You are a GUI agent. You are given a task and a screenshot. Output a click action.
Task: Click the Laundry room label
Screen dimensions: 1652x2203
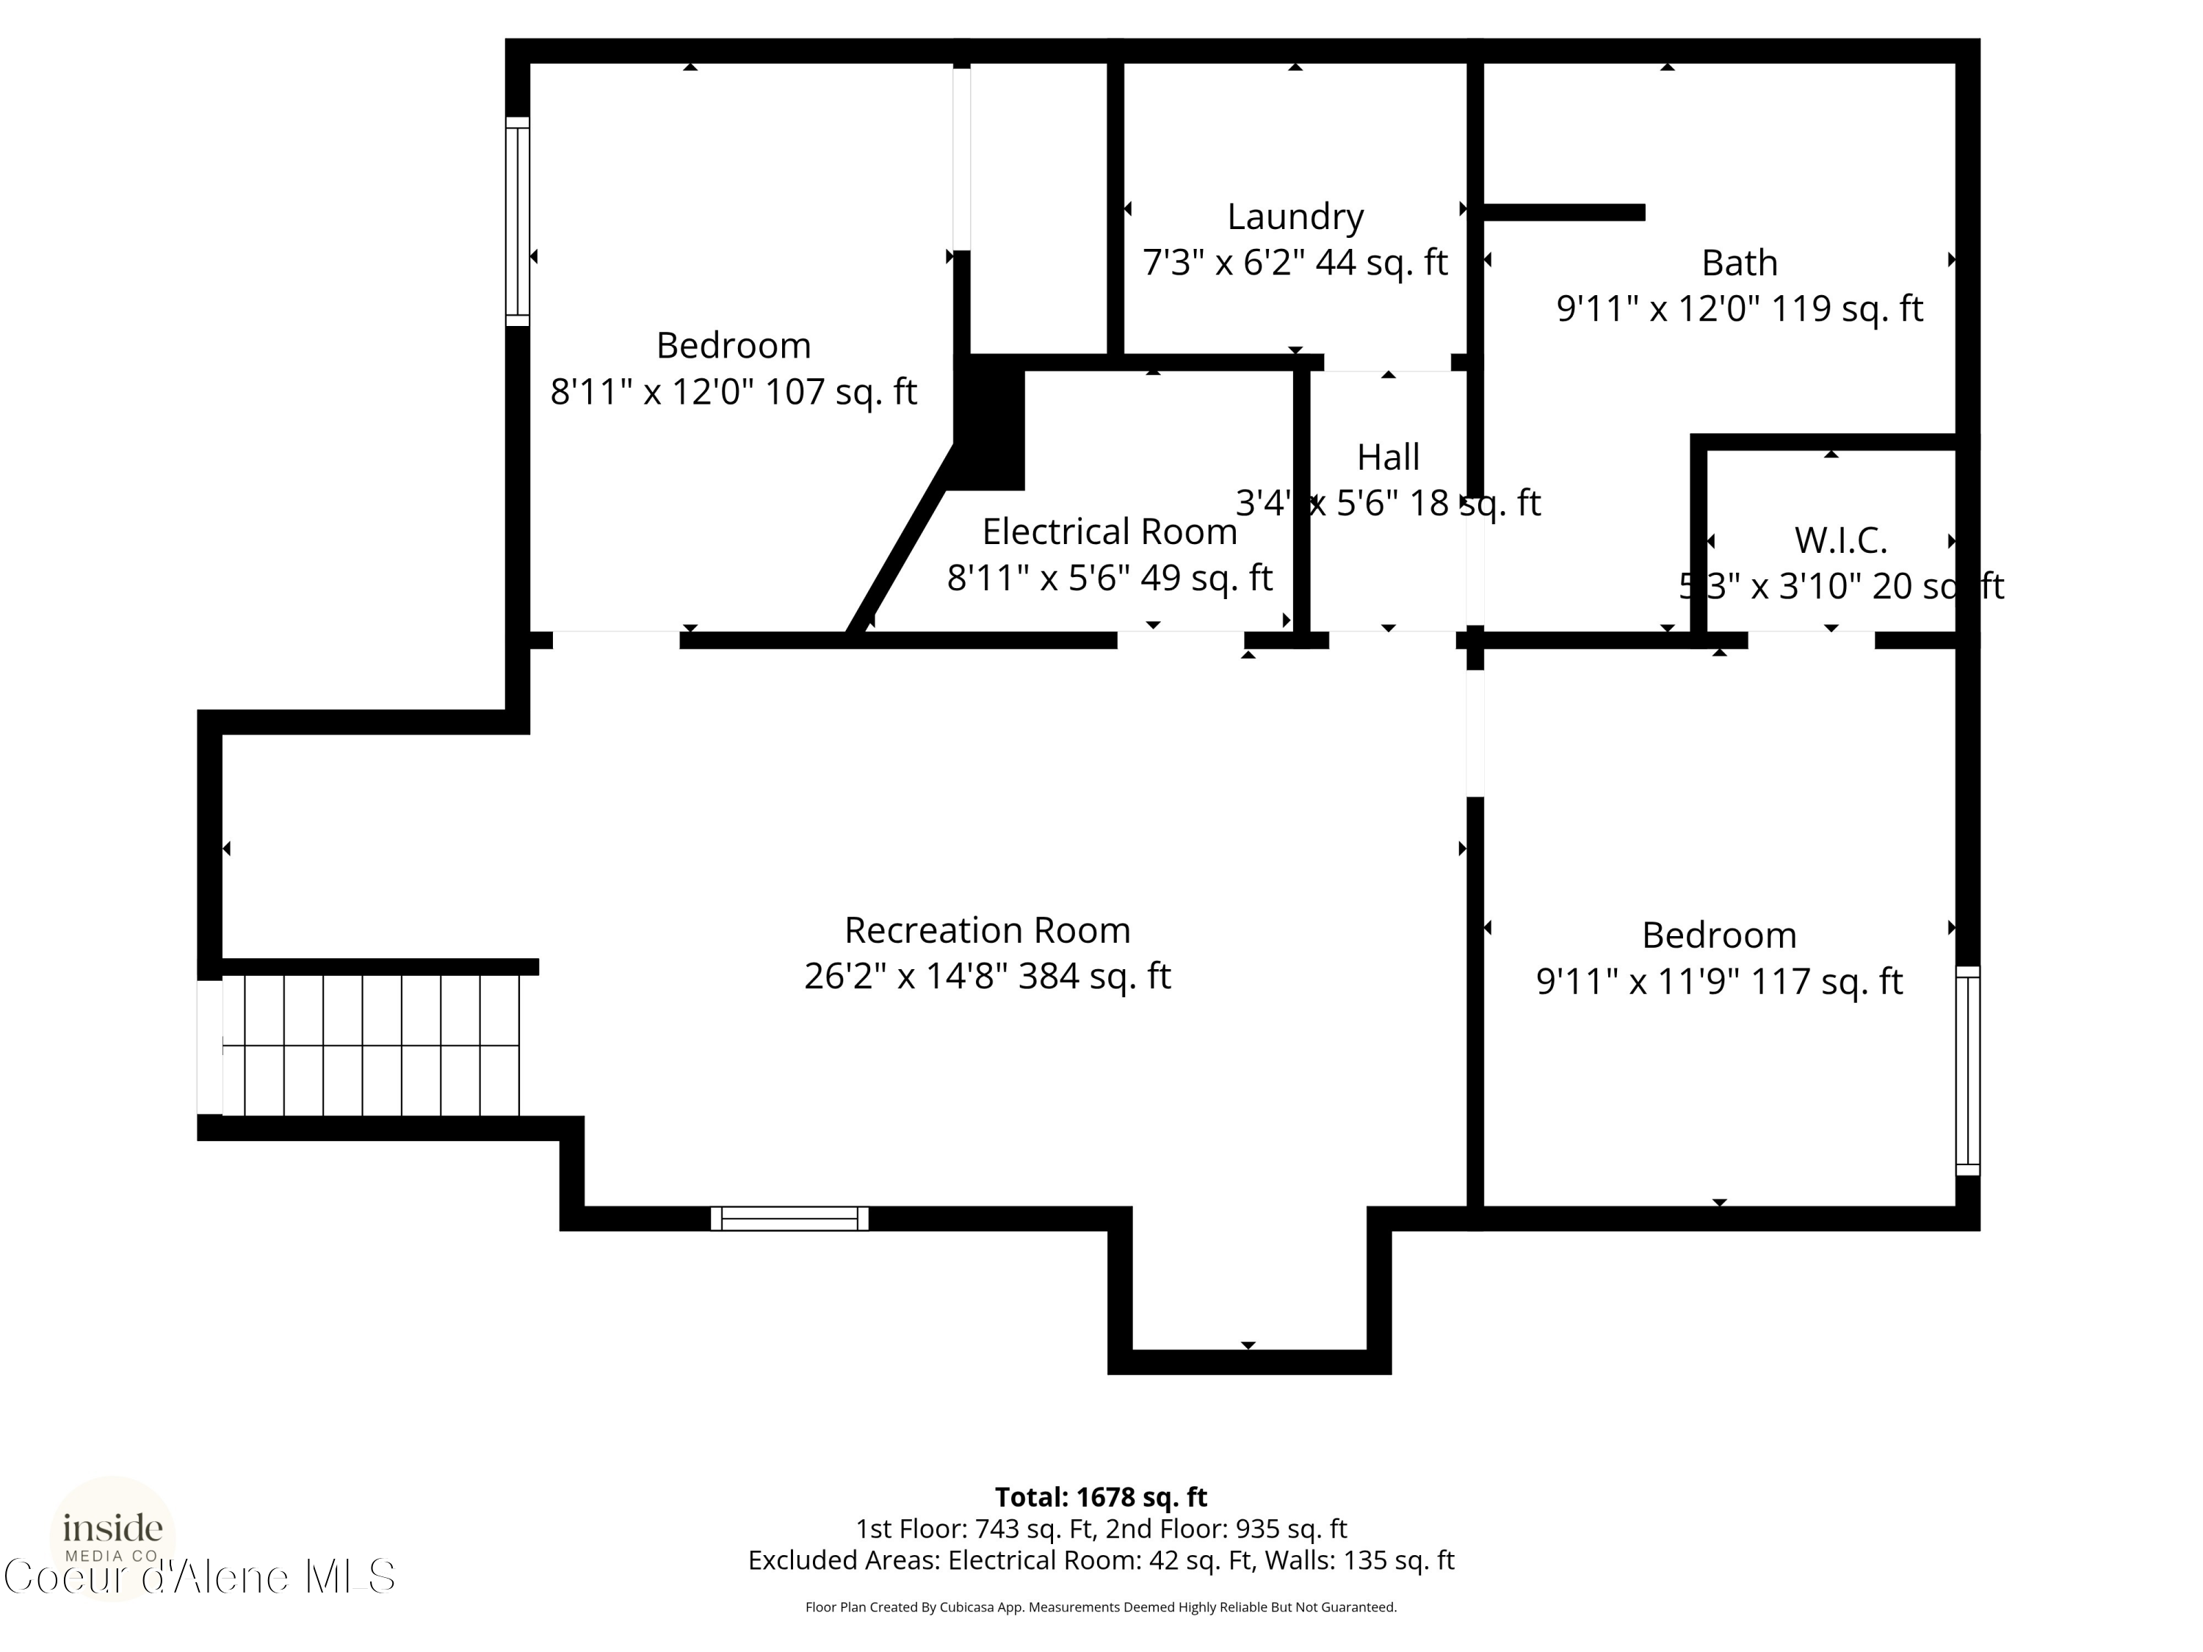pyautogui.click(x=1295, y=216)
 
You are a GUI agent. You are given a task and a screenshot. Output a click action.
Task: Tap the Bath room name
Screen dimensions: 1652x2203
pyautogui.click(x=1739, y=263)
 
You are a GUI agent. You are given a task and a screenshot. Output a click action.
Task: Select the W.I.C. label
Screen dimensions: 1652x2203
pyautogui.click(x=1840, y=540)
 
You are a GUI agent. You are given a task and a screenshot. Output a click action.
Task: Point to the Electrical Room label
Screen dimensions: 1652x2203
pyautogui.click(x=1110, y=532)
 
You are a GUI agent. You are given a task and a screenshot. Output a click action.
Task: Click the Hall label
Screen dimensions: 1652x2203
pyautogui.click(x=1389, y=457)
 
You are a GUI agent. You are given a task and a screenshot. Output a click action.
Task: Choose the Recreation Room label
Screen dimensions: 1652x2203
pyautogui.click(x=987, y=930)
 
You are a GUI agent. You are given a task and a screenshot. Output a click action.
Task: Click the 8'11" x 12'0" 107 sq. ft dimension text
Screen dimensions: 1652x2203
pyautogui.click(x=733, y=391)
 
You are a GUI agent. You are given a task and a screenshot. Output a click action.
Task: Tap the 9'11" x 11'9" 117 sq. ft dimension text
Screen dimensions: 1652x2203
pyautogui.click(x=1719, y=982)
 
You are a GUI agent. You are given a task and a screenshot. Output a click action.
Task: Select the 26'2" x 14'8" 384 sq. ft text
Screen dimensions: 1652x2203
pyautogui.click(x=987, y=976)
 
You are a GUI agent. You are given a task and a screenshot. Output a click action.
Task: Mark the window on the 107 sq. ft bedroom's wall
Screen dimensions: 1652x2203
pyautogui.click(x=517, y=221)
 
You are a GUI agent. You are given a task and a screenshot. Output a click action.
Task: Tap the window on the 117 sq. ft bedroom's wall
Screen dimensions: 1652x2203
pyautogui.click(x=1967, y=1070)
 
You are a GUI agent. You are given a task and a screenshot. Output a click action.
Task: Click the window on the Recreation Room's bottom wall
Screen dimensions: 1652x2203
pyautogui.click(x=789, y=1218)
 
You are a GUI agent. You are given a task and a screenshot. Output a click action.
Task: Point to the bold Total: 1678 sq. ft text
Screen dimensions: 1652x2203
pyautogui.click(x=1101, y=1496)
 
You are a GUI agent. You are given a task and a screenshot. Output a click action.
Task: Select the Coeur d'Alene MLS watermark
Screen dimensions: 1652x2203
pyautogui.click(x=199, y=1576)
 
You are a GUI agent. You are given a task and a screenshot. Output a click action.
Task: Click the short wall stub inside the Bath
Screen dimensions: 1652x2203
pyautogui.click(x=1563, y=212)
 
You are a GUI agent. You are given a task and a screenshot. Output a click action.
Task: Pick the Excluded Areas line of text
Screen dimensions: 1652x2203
pyautogui.click(x=1101, y=1560)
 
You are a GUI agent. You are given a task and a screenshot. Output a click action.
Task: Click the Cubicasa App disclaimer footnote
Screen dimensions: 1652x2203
pyautogui.click(x=1101, y=1607)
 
